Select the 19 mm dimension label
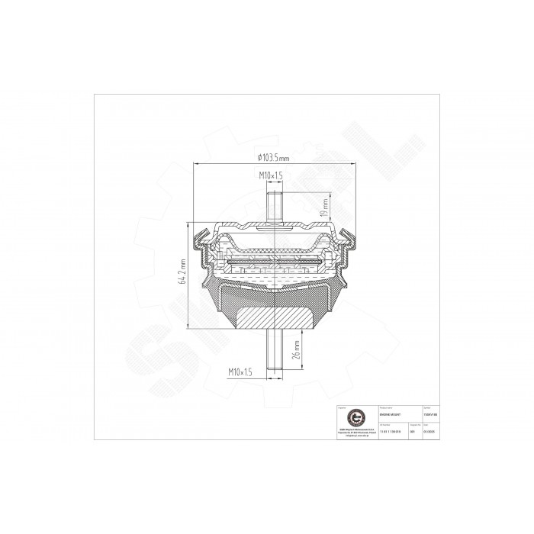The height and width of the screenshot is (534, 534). click(326, 205)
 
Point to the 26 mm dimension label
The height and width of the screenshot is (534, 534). click(297, 350)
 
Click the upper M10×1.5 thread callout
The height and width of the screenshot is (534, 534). click(271, 175)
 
